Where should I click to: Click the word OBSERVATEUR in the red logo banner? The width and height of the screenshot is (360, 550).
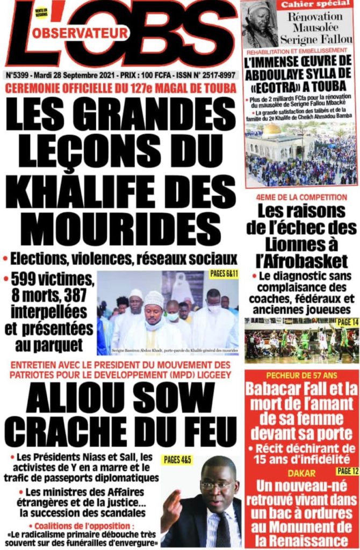(x=80, y=33)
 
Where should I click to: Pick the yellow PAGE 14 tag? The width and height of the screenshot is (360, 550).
(x=343, y=322)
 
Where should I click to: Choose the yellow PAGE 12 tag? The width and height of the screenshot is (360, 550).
(x=344, y=471)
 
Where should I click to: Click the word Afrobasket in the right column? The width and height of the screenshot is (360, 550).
(x=301, y=262)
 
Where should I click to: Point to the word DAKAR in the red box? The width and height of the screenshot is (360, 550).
(x=301, y=473)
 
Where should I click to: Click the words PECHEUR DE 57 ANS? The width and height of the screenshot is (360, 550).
(x=301, y=375)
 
